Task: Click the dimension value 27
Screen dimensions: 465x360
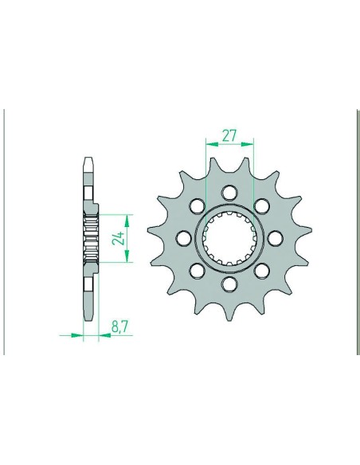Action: [229, 135]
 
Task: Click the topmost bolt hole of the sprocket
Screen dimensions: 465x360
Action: [229, 191]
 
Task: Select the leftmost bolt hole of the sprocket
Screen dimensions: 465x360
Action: [183, 237]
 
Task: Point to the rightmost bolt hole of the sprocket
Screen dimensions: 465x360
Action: [276, 237]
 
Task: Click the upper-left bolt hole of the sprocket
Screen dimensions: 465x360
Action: [197, 205]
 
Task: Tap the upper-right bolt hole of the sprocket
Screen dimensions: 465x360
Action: [262, 205]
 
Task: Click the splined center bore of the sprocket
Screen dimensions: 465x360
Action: [229, 237]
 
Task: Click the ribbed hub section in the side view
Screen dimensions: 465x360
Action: [90, 237]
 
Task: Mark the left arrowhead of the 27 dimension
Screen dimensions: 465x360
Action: [209, 145]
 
